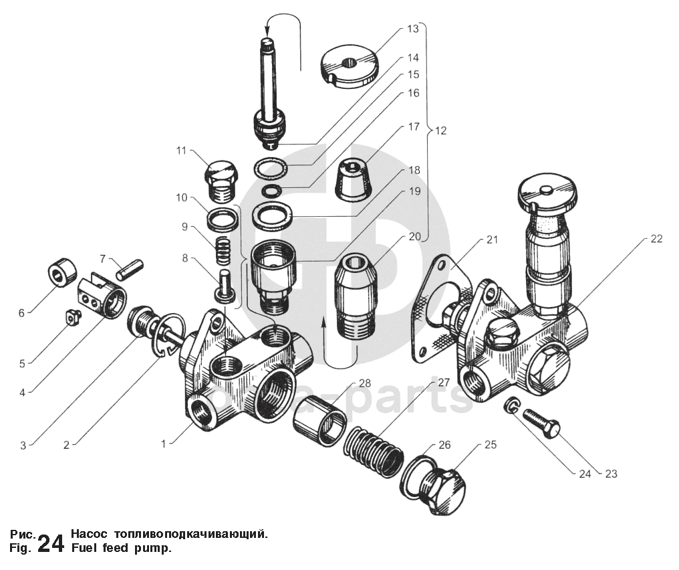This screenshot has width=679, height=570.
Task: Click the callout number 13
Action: (x=412, y=29)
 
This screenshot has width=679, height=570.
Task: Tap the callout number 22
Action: (x=656, y=239)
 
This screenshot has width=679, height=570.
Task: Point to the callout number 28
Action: (x=364, y=383)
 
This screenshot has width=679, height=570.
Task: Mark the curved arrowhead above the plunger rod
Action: (x=267, y=28)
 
